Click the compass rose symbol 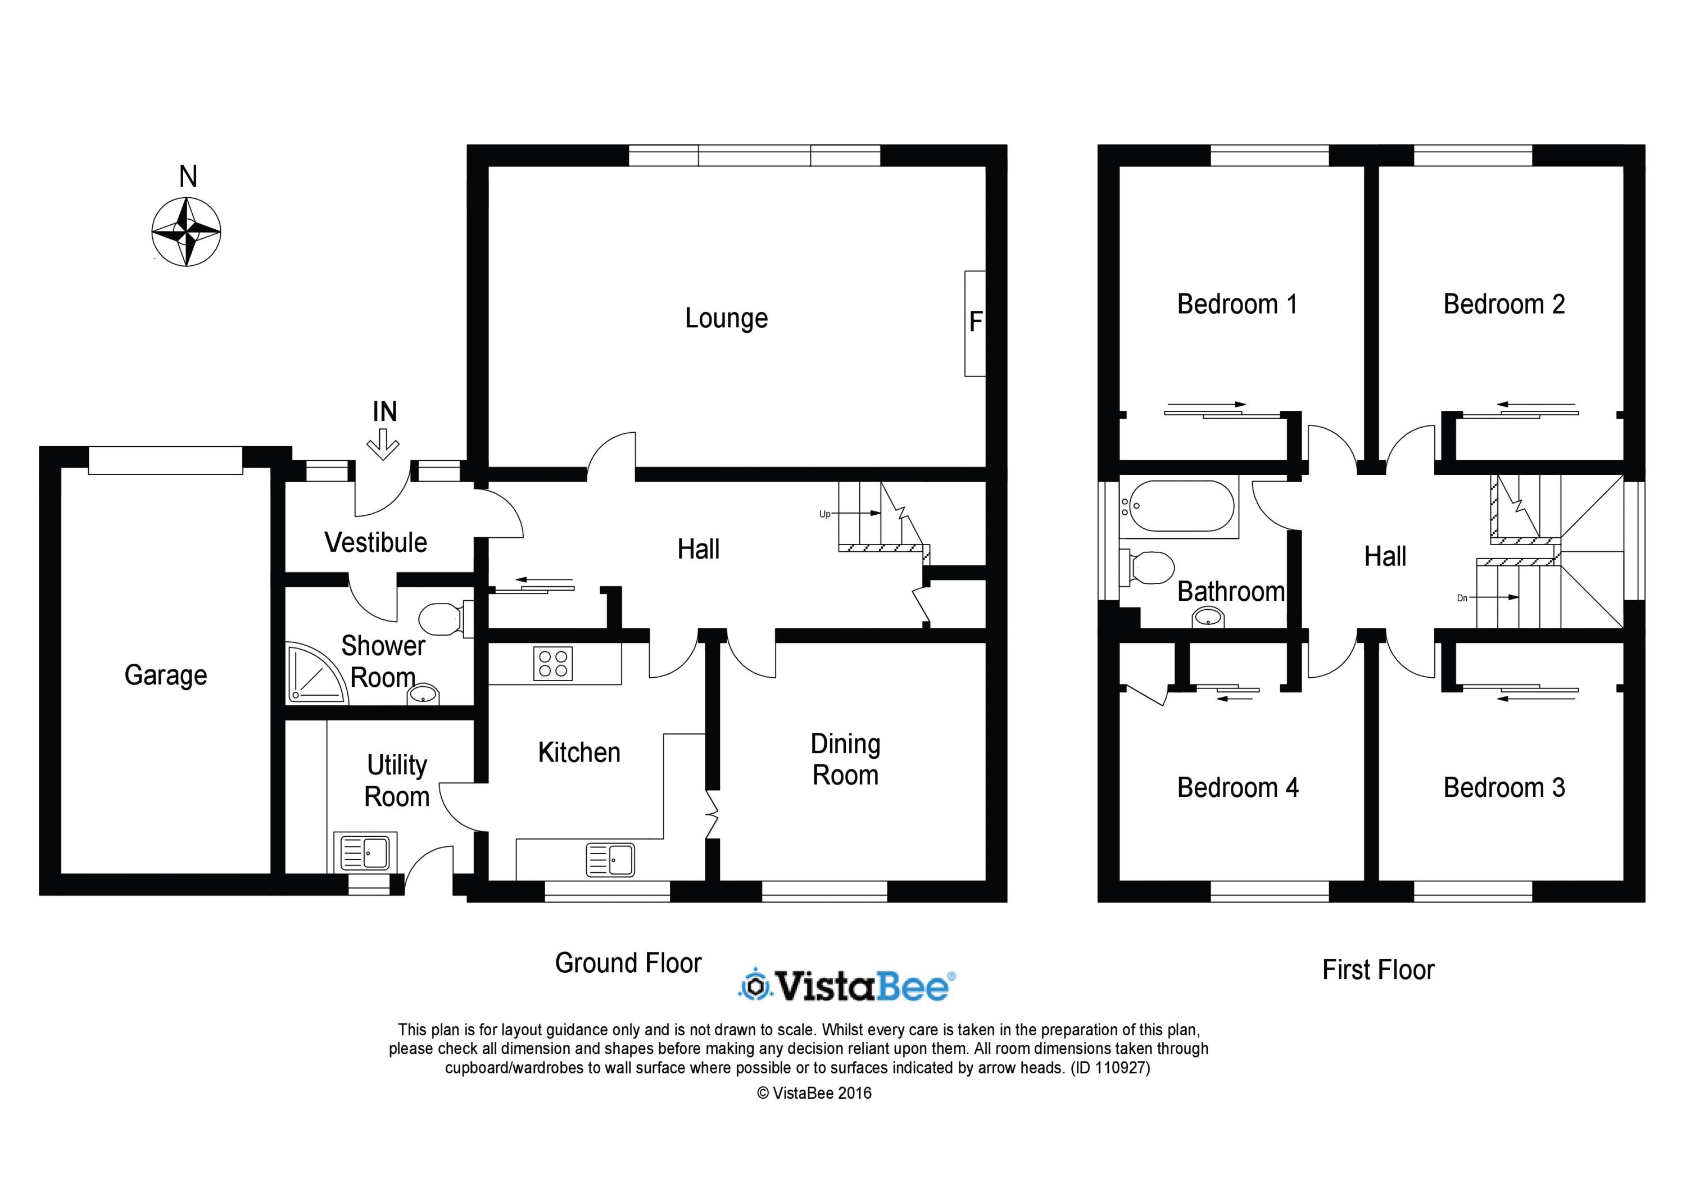pos(187,232)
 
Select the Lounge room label pos(726,318)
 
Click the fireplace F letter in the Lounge pos(975,321)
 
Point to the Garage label pos(166,675)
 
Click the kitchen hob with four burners pos(553,663)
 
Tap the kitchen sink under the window pos(610,859)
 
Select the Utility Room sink pos(365,852)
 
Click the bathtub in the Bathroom pos(1179,506)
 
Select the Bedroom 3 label pos(1504,787)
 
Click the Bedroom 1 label pos(1238,304)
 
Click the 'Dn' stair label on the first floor pos(1461,598)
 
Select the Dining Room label pos(845,759)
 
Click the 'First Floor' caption pos(1379,969)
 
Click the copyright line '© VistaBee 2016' pos(814,1093)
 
